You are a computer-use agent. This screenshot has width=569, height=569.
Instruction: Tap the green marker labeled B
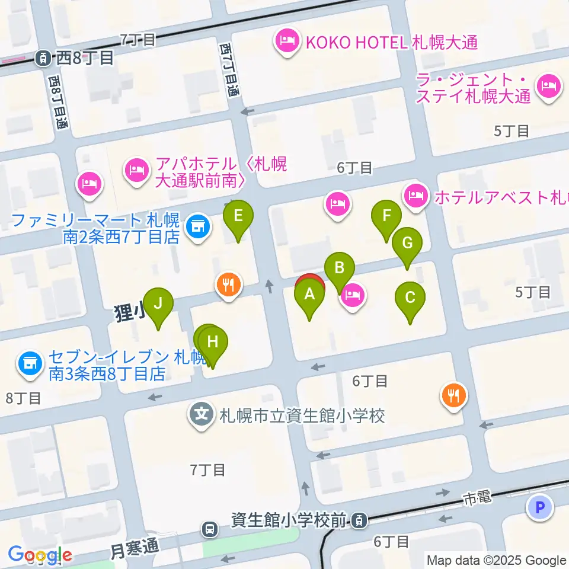[340, 268]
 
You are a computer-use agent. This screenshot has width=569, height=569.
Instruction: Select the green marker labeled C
[410, 298]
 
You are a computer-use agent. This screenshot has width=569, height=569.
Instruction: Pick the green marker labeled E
[238, 216]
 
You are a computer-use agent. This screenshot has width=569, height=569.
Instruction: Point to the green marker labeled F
[386, 216]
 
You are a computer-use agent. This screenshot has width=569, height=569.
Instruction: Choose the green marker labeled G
[407, 244]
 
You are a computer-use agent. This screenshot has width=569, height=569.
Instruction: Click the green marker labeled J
[158, 303]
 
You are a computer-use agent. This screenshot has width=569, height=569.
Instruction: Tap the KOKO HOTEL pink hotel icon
[287, 42]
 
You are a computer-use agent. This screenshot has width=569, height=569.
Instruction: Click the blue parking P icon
[539, 507]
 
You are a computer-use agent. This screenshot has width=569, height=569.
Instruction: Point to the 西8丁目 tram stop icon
[43, 57]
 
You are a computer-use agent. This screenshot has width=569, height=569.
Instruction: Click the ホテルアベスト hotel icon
[415, 196]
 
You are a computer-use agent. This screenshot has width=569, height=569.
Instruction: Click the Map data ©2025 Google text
[497, 560]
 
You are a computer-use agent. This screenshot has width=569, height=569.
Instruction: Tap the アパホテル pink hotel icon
[137, 172]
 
